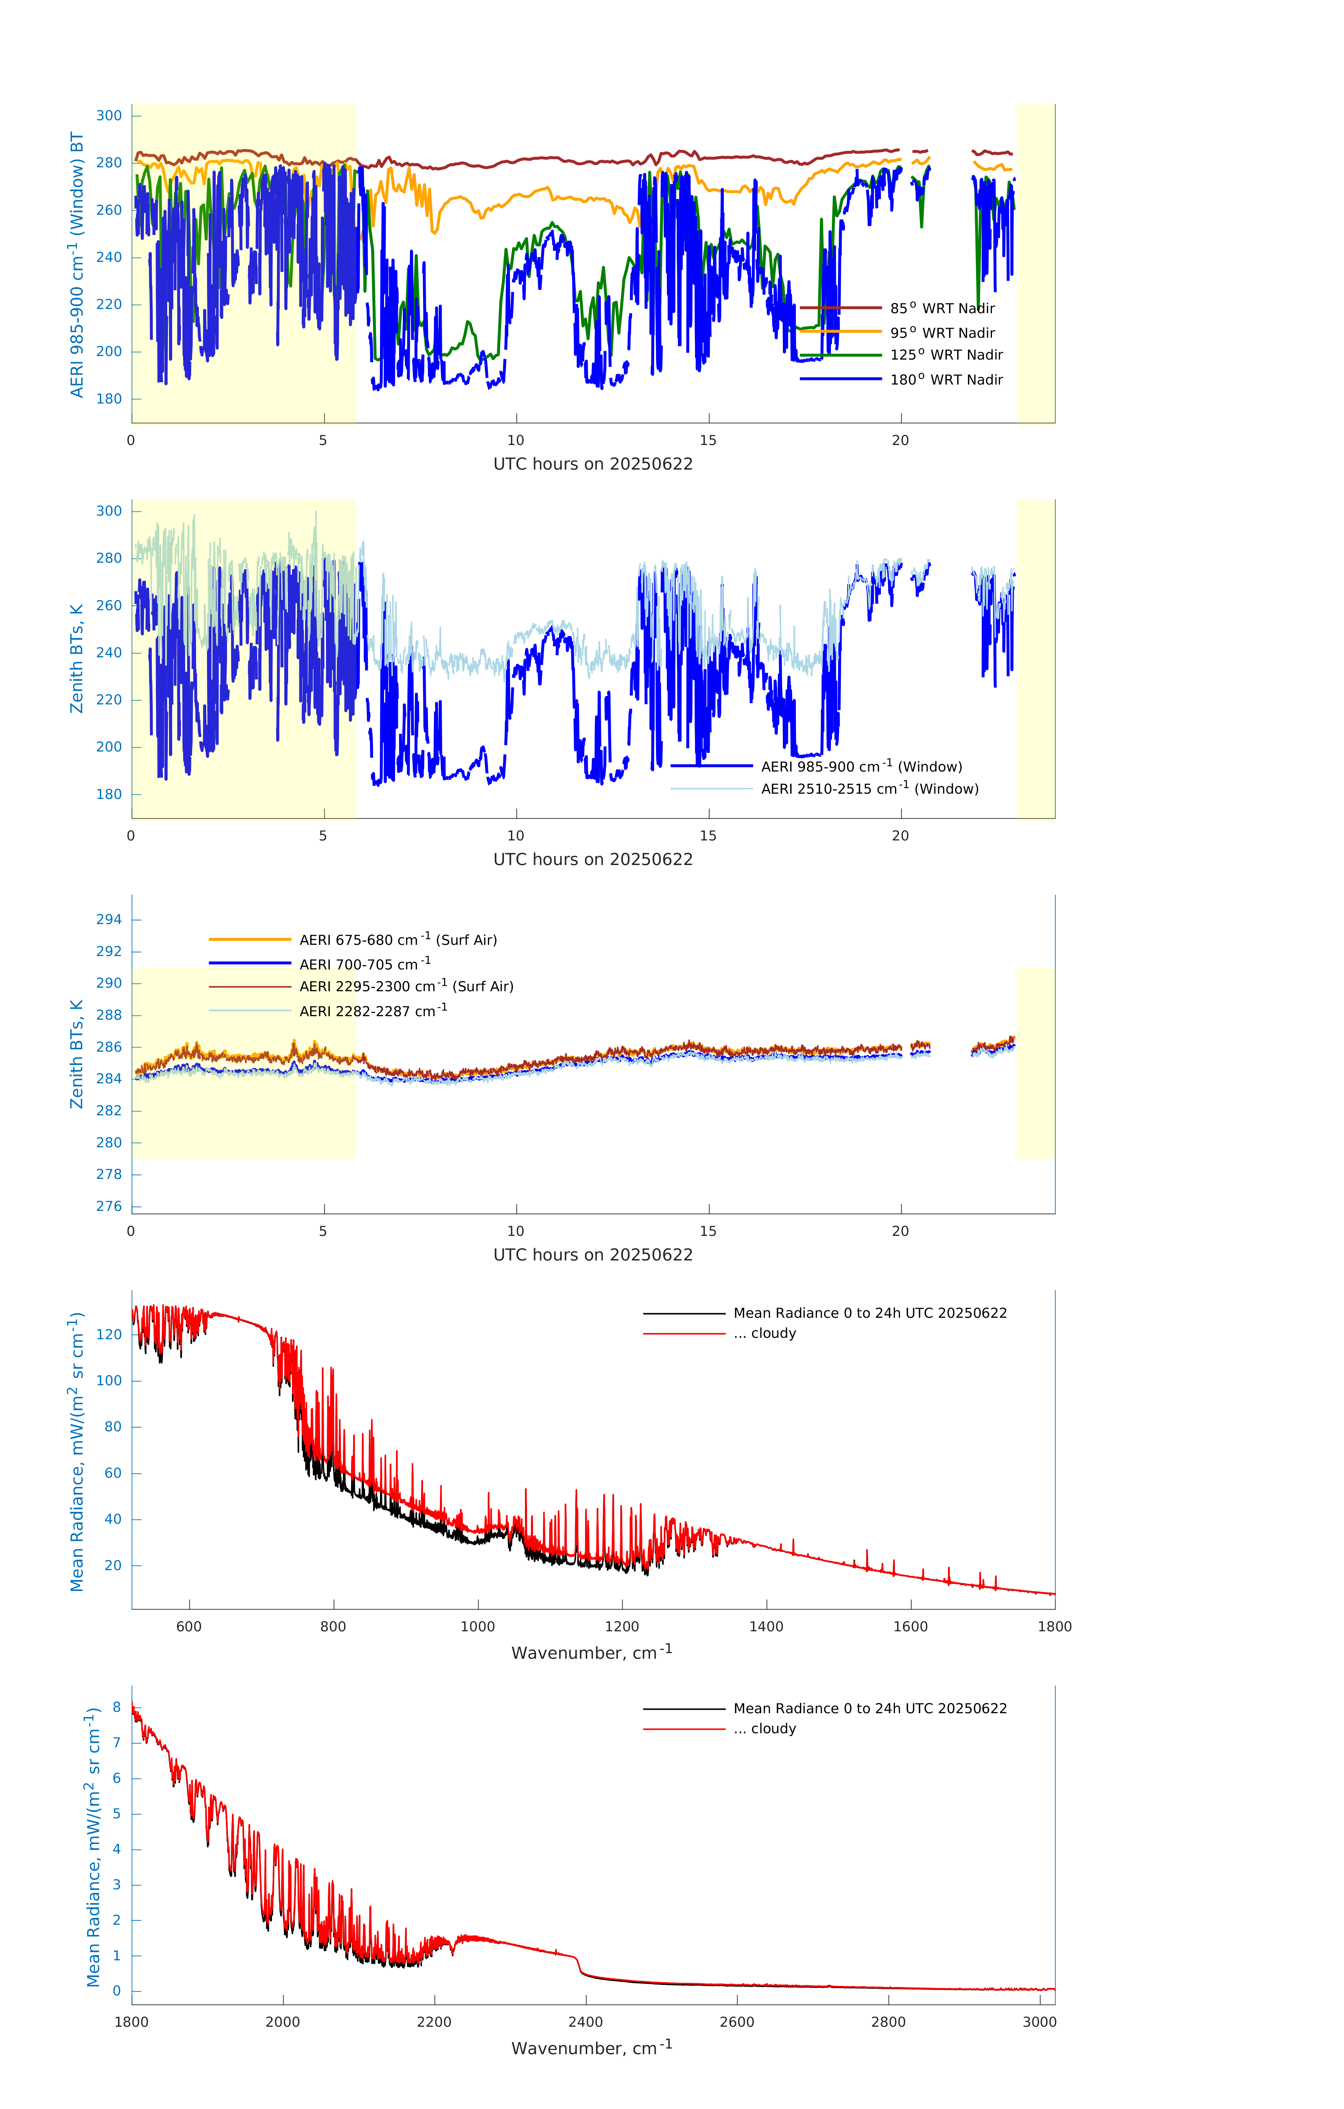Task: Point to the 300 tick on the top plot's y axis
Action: pyautogui.click(x=109, y=116)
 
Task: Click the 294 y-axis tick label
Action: pyautogui.click(x=109, y=920)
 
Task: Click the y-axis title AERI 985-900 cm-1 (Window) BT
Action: pyautogui.click(x=77, y=264)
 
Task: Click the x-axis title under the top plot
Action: pyautogui.click(x=593, y=464)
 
